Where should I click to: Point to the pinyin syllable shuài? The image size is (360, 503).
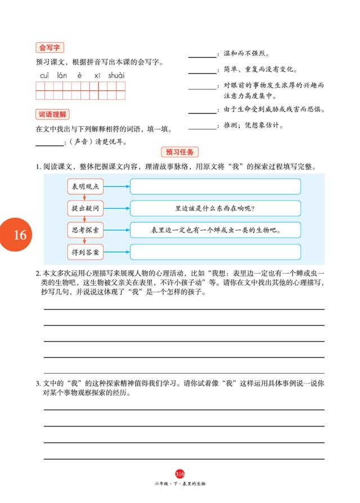116,75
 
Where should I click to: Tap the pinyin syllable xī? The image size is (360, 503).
97,75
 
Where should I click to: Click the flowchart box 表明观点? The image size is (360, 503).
85,187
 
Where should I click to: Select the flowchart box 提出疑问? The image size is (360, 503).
85,209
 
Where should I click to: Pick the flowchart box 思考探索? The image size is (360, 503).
85,230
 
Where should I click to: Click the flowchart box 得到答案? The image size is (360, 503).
85,252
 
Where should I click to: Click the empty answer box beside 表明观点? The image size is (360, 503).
215,187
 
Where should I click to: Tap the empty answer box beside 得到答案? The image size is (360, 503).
215,252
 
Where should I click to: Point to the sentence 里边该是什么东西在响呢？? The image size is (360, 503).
215,209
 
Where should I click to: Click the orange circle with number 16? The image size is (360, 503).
20,235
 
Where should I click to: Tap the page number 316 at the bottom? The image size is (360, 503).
180,474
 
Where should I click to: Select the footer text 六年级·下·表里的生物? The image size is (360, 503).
180,483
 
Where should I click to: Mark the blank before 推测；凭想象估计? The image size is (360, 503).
202,127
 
